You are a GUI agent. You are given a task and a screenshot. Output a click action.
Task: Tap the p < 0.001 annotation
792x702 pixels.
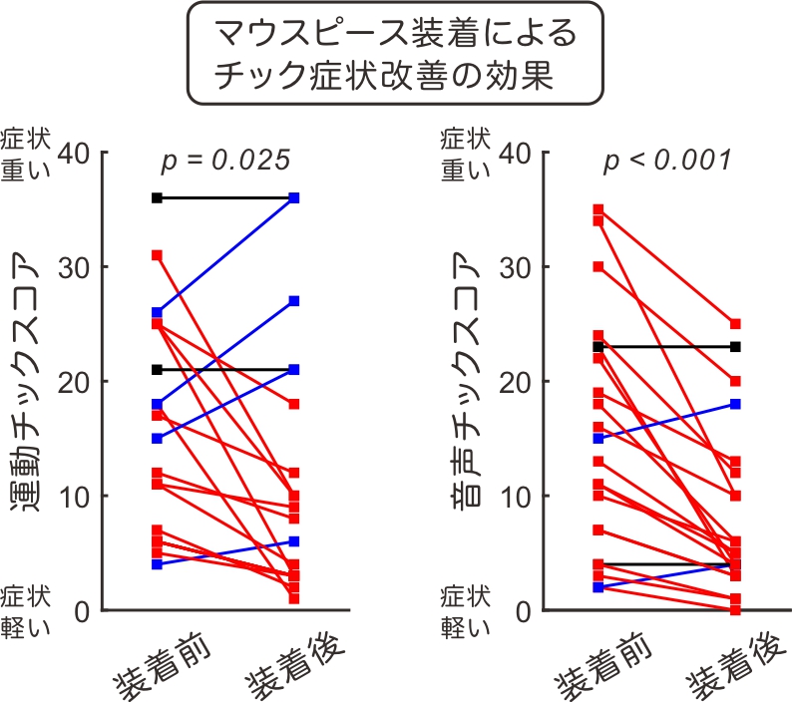click(667, 160)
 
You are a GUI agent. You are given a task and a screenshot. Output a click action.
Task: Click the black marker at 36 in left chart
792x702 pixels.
click(157, 198)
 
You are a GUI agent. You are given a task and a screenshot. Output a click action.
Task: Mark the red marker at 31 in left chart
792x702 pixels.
click(157, 255)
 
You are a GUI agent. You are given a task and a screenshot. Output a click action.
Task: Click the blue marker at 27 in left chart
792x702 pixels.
click(293, 301)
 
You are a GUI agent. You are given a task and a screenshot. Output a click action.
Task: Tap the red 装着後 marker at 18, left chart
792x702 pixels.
click(293, 404)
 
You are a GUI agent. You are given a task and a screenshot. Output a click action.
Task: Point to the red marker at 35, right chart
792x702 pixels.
click(597, 209)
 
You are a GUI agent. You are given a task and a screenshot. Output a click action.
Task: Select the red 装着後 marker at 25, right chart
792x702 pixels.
click(735, 324)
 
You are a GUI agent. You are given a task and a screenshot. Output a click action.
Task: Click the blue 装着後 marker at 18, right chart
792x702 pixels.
click(735, 404)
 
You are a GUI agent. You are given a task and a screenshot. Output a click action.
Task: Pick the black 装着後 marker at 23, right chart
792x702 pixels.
click(735, 347)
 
